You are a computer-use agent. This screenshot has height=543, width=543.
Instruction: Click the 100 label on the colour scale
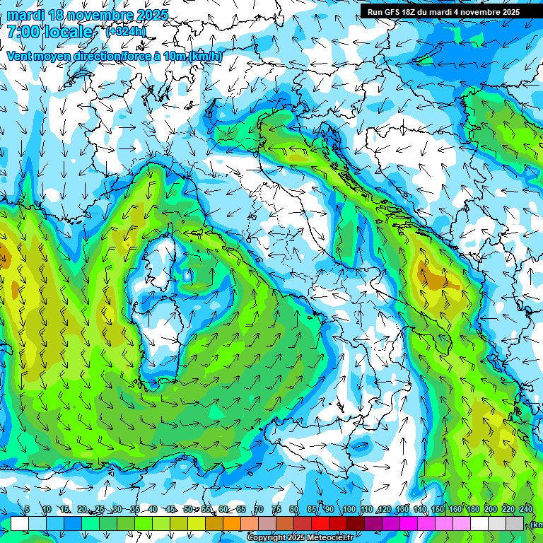coord(349,509)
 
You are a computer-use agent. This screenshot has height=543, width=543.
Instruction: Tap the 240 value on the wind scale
coord(525,509)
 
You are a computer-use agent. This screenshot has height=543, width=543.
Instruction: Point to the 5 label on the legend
coord(27,509)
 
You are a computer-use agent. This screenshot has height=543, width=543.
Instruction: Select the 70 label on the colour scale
coord(259,509)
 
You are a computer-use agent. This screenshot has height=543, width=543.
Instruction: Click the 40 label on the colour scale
coord(153,509)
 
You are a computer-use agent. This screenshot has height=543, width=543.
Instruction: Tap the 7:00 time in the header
coord(23,32)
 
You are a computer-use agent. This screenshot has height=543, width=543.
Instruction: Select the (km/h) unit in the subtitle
coord(205,56)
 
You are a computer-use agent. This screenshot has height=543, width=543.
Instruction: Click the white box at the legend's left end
coord(20,523)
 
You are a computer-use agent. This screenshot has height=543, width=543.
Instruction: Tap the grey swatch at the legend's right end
coord(516,523)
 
